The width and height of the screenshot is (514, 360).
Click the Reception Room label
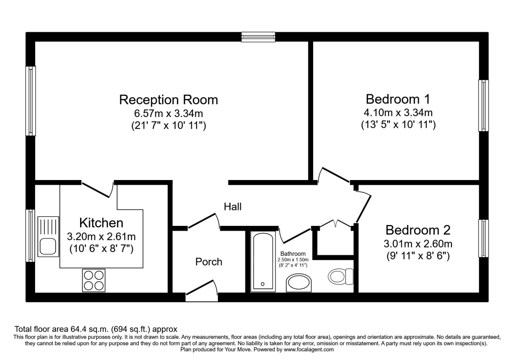tap(168, 100)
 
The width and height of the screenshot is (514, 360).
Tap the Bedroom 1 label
tap(398, 99)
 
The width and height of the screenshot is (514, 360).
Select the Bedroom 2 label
tap(418, 230)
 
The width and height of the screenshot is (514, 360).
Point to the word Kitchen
tap(101, 223)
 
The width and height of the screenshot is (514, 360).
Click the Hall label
tap(233, 207)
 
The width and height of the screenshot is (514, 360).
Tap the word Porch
tap(209, 262)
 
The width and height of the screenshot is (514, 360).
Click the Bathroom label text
tap(293, 254)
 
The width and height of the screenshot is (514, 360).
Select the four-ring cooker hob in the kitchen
tap(94, 281)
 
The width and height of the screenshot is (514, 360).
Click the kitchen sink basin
tap(48, 246)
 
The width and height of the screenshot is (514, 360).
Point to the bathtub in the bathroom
tap(263, 261)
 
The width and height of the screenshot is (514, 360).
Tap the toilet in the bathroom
tap(341, 276)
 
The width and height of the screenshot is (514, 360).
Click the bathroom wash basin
tap(299, 282)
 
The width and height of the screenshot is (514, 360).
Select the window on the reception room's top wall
tap(258, 37)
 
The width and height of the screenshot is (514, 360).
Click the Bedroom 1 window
tap(483, 105)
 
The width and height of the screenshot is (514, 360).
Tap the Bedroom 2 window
tap(483, 238)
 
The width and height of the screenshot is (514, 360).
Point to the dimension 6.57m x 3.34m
tap(168, 113)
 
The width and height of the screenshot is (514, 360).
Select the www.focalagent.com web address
tap(309, 349)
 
